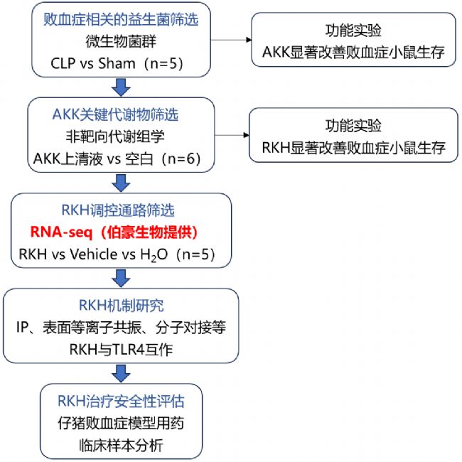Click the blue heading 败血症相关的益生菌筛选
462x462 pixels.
(x=121, y=20)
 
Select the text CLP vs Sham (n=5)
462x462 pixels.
(x=117, y=63)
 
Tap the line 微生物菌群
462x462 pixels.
(x=121, y=41)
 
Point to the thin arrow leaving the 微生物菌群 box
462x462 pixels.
(x=231, y=40)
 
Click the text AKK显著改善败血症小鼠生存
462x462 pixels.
(x=353, y=52)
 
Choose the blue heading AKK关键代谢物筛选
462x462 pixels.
(x=115, y=114)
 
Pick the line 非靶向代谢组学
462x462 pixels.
(x=115, y=136)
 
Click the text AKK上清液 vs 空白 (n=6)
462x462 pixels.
(x=117, y=159)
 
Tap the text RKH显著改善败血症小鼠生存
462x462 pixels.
(x=353, y=148)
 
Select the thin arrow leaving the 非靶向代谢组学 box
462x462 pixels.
(x=232, y=135)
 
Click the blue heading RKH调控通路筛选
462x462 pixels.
(x=118, y=210)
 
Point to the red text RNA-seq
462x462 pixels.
(x=61, y=232)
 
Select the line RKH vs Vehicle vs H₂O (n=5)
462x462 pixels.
(x=117, y=254)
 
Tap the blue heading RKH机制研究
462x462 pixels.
(x=121, y=305)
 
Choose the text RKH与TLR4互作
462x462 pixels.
(x=121, y=350)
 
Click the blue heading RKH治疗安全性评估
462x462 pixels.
(x=121, y=401)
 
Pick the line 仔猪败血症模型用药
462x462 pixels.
(x=121, y=423)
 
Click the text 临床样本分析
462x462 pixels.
(x=121, y=445)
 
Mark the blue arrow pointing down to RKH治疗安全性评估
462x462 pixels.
(x=121, y=374)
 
